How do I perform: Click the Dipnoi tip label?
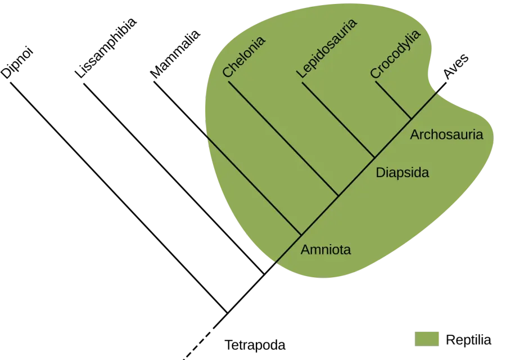coord(17,64)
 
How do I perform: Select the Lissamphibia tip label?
coord(106,48)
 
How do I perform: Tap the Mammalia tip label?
coord(175,54)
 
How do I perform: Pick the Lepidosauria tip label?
coord(327,48)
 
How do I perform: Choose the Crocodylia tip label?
coord(395,54)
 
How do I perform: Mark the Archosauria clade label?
coord(446,134)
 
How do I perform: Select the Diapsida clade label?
coord(403,173)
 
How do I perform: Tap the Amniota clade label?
coord(326,250)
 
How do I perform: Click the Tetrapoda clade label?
coord(255,345)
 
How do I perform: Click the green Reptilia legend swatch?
coord(427,339)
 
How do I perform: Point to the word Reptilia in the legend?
coord(468,340)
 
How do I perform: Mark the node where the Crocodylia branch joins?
coord(411,119)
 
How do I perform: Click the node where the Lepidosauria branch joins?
coord(374,157)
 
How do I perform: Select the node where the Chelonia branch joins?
coord(338,196)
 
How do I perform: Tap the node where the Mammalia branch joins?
coord(301,235)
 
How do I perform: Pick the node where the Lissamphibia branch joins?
coord(264,274)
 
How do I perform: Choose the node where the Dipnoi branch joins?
coord(227,313)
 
